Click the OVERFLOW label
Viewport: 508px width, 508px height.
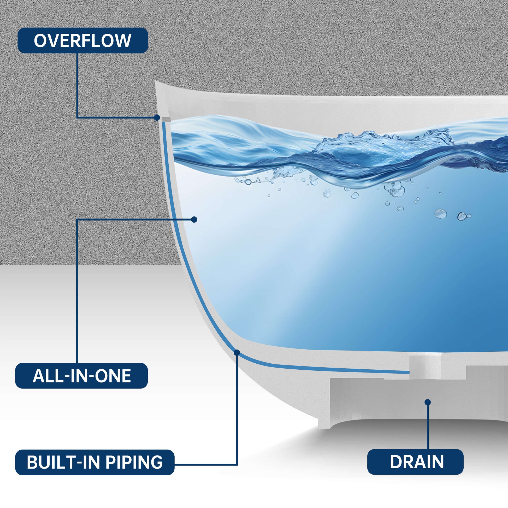(x=82, y=40)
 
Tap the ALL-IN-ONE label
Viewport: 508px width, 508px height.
(x=81, y=376)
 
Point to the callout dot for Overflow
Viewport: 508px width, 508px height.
(x=157, y=117)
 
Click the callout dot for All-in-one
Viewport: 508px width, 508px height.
(x=194, y=219)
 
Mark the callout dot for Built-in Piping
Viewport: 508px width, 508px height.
(x=237, y=353)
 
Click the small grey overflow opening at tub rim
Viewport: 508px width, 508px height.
(x=166, y=120)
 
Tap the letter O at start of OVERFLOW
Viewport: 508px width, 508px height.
(x=40, y=41)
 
